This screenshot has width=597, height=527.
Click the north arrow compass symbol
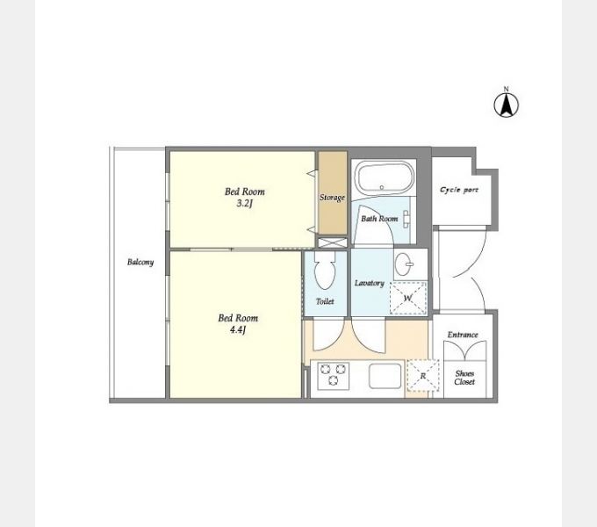click(506, 105)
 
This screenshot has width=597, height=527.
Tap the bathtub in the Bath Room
click(385, 177)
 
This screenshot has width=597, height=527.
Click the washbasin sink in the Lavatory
click(404, 263)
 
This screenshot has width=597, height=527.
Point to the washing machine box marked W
click(408, 298)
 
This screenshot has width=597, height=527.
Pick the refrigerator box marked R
click(422, 375)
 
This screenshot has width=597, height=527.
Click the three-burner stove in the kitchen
click(333, 375)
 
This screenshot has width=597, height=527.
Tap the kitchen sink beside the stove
click(385, 375)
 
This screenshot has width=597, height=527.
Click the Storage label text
click(332, 198)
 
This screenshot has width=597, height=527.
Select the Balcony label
click(140, 262)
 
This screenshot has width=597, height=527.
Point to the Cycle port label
click(459, 190)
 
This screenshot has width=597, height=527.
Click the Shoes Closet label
click(464, 378)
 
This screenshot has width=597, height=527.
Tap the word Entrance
click(463, 335)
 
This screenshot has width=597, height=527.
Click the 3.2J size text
click(244, 204)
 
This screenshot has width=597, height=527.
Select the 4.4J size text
click(238, 329)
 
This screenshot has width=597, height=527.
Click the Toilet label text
click(325, 301)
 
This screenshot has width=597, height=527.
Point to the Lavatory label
click(370, 283)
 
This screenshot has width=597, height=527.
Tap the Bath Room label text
click(379, 219)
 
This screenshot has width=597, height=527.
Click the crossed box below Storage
click(333, 243)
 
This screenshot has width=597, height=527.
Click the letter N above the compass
click(506, 89)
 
